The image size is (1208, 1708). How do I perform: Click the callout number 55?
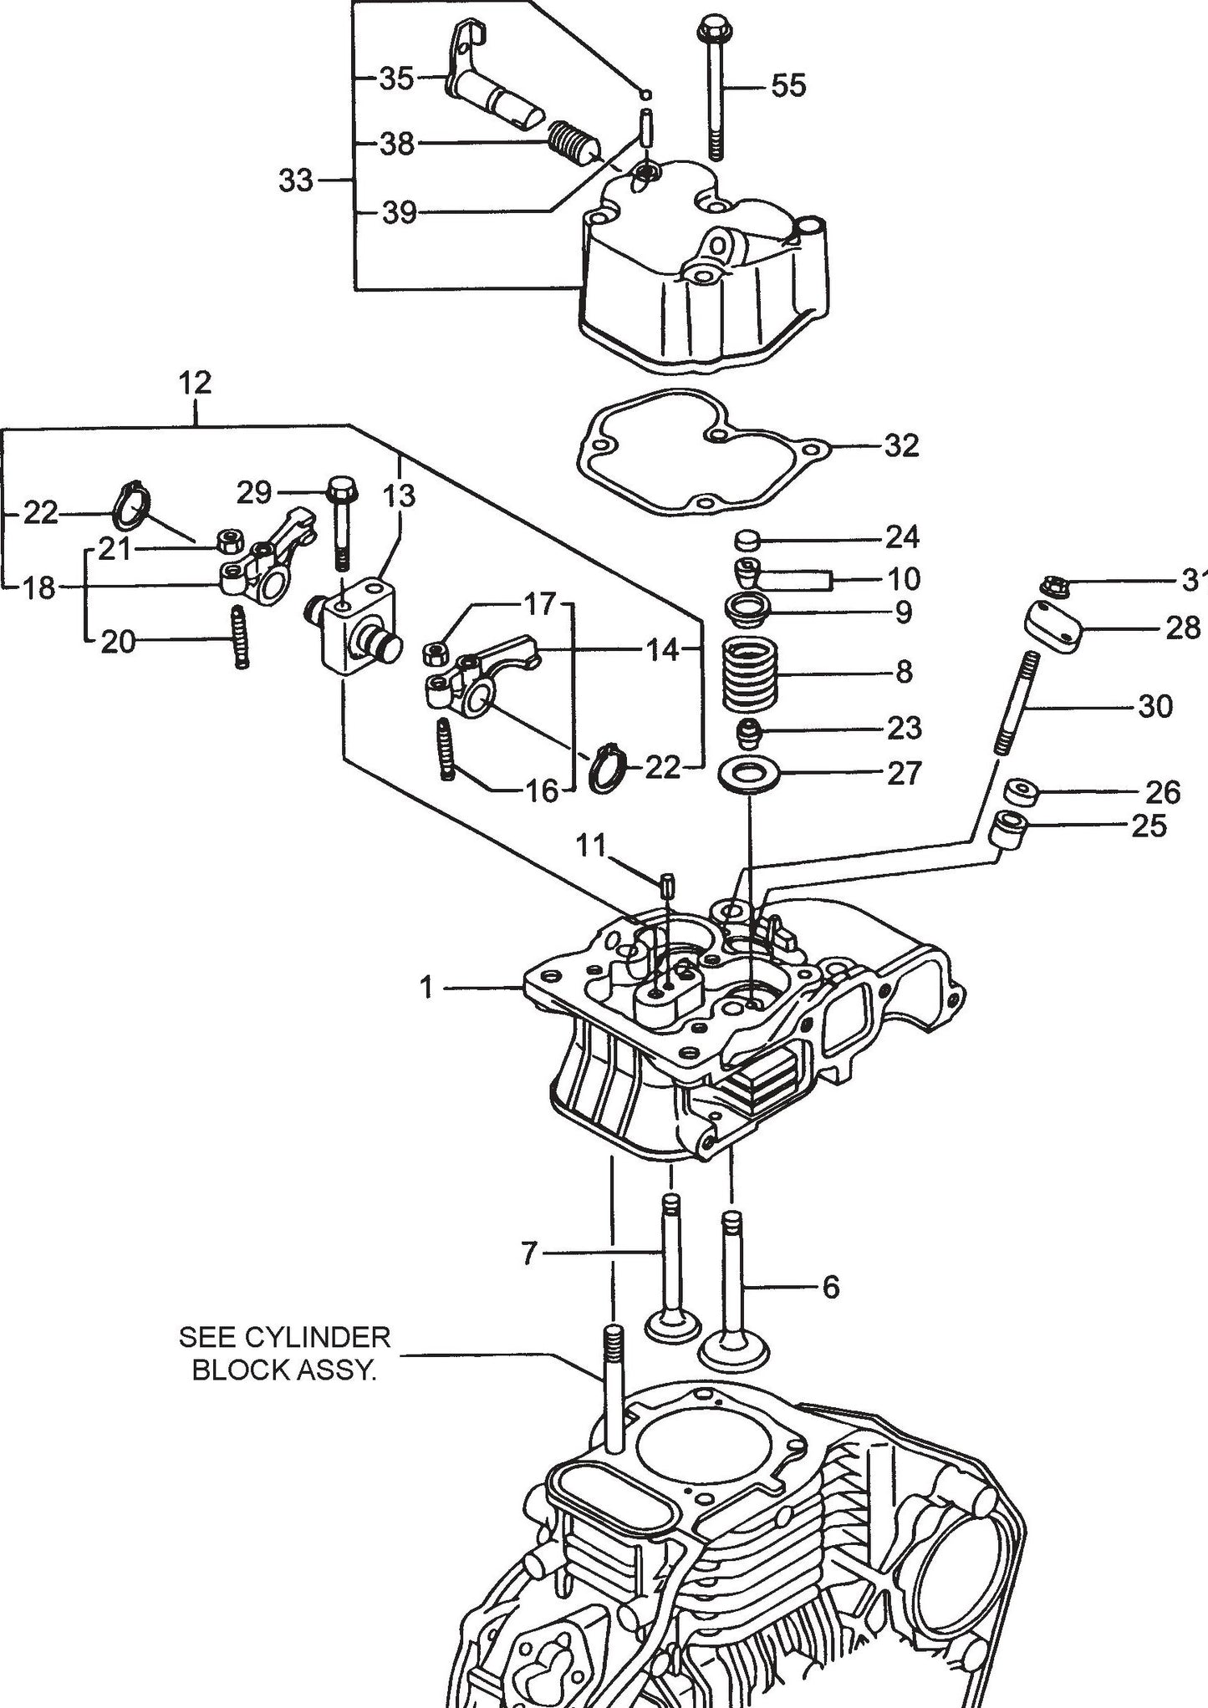click(x=788, y=85)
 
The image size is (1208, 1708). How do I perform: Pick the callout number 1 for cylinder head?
click(x=427, y=989)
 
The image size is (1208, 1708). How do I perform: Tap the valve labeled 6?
click(x=731, y=1287)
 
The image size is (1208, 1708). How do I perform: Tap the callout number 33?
click(x=295, y=180)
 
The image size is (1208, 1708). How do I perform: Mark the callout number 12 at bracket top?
click(x=195, y=384)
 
